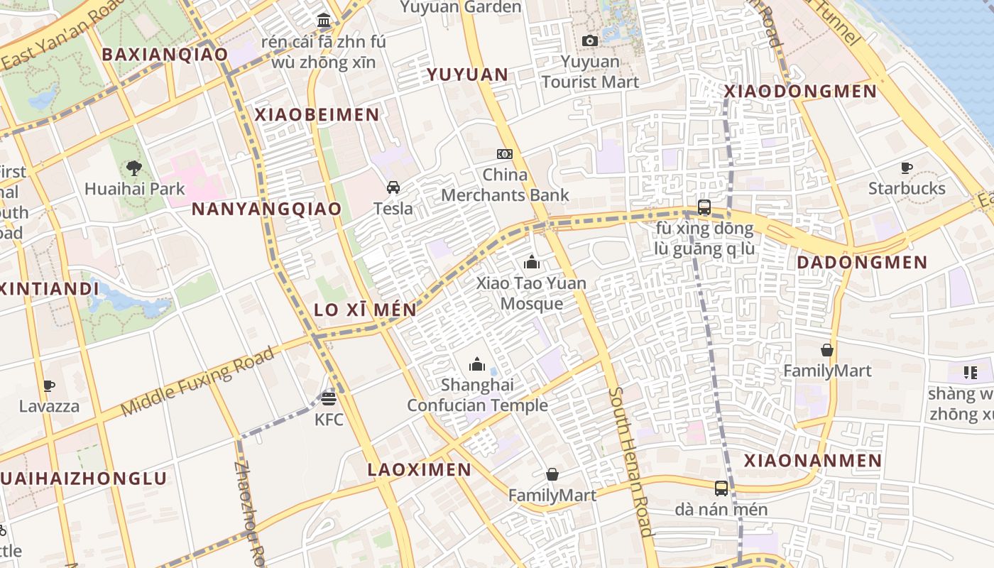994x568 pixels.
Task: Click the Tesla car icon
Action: coord(393,187)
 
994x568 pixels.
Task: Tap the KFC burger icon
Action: coord(328,398)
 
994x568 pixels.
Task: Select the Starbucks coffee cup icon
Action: coord(907,168)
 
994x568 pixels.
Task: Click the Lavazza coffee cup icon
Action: coord(49,386)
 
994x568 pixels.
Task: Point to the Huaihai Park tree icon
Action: coord(133,168)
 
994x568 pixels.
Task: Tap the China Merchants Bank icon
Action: coord(505,153)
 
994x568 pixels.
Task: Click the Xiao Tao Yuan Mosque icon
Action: coord(532,262)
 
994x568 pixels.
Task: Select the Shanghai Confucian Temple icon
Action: coord(477,364)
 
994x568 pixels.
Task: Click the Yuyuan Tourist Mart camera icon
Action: coord(589,41)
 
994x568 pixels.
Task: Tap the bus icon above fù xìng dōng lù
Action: coord(704,207)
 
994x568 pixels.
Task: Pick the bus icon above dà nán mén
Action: coord(721,488)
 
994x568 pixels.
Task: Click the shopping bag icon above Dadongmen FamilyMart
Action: coord(827,350)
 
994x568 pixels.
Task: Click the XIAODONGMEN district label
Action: coord(800,92)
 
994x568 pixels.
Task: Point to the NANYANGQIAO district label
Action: coord(266,209)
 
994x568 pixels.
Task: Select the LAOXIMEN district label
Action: coord(419,469)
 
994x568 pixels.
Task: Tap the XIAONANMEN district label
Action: coord(813,461)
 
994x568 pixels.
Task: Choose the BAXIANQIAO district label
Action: coord(165,55)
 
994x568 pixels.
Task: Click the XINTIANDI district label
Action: coord(48,289)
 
